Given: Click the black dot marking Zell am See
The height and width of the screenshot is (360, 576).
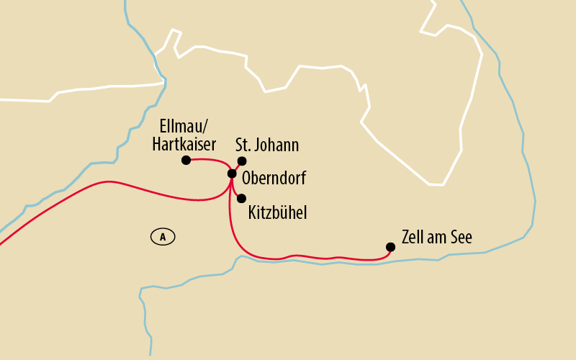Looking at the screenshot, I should tap(390, 247).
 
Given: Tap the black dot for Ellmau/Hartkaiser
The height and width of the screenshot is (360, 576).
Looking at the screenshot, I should tap(186, 160).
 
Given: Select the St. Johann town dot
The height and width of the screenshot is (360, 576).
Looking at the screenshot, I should tap(242, 161).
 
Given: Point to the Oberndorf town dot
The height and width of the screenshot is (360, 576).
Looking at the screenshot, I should tap(232, 174).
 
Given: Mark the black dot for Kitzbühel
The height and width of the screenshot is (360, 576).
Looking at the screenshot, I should tap(242, 198).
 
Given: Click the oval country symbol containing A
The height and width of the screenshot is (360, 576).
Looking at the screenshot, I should tap(163, 236).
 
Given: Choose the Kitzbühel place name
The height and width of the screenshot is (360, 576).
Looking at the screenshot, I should tap(278, 212).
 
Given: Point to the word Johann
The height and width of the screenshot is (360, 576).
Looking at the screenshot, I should tap(276, 145).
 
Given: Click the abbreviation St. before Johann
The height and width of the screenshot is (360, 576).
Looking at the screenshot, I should tap(243, 145).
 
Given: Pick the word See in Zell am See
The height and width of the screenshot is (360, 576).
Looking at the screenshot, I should tap(459, 238).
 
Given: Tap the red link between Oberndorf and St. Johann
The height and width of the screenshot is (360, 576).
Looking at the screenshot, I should tap(237, 167).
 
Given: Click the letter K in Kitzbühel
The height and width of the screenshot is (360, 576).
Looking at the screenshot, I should tap(252, 212).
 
